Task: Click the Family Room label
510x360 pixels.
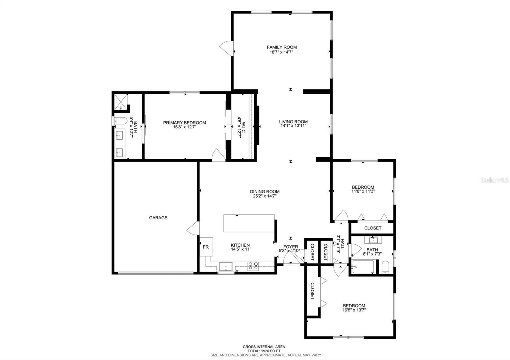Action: (282, 47)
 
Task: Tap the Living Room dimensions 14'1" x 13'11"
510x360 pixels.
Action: (293, 126)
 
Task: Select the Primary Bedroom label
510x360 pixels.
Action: (185, 123)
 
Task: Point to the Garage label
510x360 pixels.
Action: (158, 218)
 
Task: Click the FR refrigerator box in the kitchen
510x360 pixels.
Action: (206, 247)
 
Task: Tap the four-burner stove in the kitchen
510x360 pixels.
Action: (253, 266)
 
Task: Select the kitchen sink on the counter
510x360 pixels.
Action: (226, 266)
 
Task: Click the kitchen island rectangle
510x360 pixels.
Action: (249, 223)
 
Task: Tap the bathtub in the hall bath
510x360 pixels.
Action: (363, 267)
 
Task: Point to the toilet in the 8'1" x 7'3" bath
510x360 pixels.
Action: (385, 267)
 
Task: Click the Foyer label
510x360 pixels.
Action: (290, 247)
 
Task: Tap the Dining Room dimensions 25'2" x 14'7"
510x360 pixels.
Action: (265, 196)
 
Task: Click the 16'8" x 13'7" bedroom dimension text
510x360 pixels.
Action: (354, 310)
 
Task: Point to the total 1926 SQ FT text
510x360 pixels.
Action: (264, 351)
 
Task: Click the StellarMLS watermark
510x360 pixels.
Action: (494, 180)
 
